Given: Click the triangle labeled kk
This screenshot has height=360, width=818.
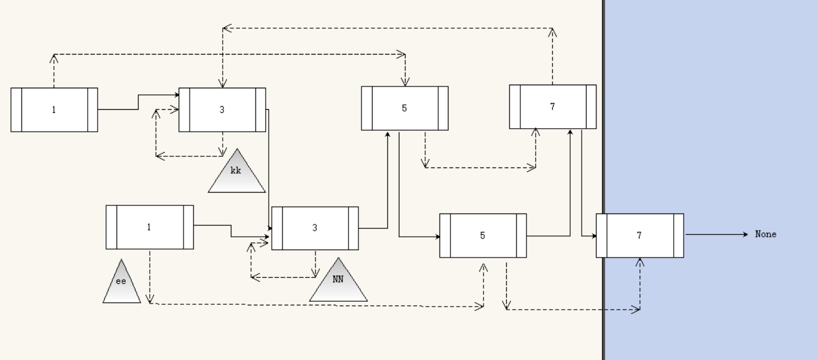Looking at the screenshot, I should pyautogui.click(x=237, y=174).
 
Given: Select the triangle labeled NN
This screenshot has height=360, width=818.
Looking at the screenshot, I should pyautogui.click(x=338, y=283).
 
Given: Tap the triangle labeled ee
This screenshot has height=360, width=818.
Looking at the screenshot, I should pyautogui.click(x=122, y=285).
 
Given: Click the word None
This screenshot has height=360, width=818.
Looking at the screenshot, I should pyautogui.click(x=765, y=234).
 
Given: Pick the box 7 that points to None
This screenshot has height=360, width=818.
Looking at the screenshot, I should pyautogui.click(x=639, y=236).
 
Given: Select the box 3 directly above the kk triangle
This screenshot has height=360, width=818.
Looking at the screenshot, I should pyautogui.click(x=222, y=110).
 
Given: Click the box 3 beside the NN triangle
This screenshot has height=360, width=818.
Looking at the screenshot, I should pyautogui.click(x=315, y=228).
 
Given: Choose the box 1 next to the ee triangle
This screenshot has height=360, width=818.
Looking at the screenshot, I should pyautogui.click(x=149, y=227).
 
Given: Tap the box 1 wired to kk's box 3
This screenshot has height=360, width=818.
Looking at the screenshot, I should pyautogui.click(x=54, y=110).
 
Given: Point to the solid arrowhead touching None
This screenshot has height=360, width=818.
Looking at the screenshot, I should pyautogui.click(x=745, y=234).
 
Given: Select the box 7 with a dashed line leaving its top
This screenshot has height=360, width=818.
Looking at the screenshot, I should pyautogui.click(x=552, y=107).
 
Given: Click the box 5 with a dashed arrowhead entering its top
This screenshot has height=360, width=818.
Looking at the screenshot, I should pyautogui.click(x=404, y=108).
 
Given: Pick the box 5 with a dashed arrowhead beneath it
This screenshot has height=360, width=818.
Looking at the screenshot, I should pyautogui.click(x=483, y=236).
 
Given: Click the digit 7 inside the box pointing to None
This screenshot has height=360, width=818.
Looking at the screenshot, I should pyautogui.click(x=639, y=236).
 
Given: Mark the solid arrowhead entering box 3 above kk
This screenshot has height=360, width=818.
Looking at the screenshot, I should pyautogui.click(x=177, y=94).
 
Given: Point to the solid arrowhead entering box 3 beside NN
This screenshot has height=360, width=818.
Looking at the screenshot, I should pyautogui.click(x=269, y=228).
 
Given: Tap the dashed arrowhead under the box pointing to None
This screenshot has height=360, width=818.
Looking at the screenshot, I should pyautogui.click(x=640, y=262).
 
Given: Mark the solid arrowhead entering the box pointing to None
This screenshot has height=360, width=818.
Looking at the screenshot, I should pyautogui.click(x=594, y=236).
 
